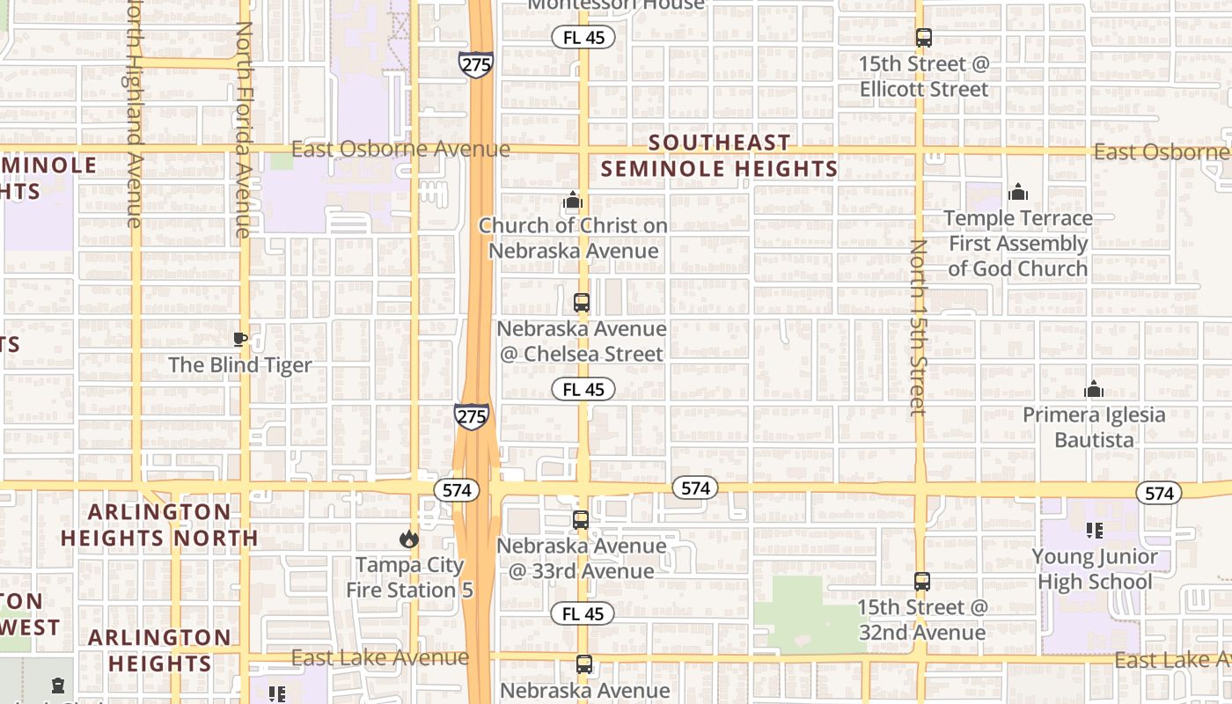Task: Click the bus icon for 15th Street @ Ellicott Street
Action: coord(923,38)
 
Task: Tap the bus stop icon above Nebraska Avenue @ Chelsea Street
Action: coord(582,303)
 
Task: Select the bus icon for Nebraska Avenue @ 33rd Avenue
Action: coord(581,520)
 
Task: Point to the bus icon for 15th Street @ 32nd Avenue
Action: coord(922,582)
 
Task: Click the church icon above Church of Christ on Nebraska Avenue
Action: coord(573,201)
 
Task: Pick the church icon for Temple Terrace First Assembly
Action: coord(1018,192)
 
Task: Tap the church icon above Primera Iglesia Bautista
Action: coord(1094,389)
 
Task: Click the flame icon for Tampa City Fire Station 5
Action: coord(408,539)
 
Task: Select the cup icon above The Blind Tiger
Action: coord(238,340)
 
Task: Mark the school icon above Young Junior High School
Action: coord(1095,531)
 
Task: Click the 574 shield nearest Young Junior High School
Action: coord(1159,494)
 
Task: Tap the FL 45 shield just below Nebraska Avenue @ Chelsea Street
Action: coord(583,389)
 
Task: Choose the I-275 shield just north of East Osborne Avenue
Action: coord(475,64)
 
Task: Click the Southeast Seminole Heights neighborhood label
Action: coord(719,156)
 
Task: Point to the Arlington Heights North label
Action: coord(159,524)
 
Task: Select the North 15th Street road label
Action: coord(918,326)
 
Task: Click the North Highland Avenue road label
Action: coord(134,114)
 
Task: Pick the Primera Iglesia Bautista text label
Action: coord(1094,427)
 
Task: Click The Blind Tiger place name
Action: coord(239,364)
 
